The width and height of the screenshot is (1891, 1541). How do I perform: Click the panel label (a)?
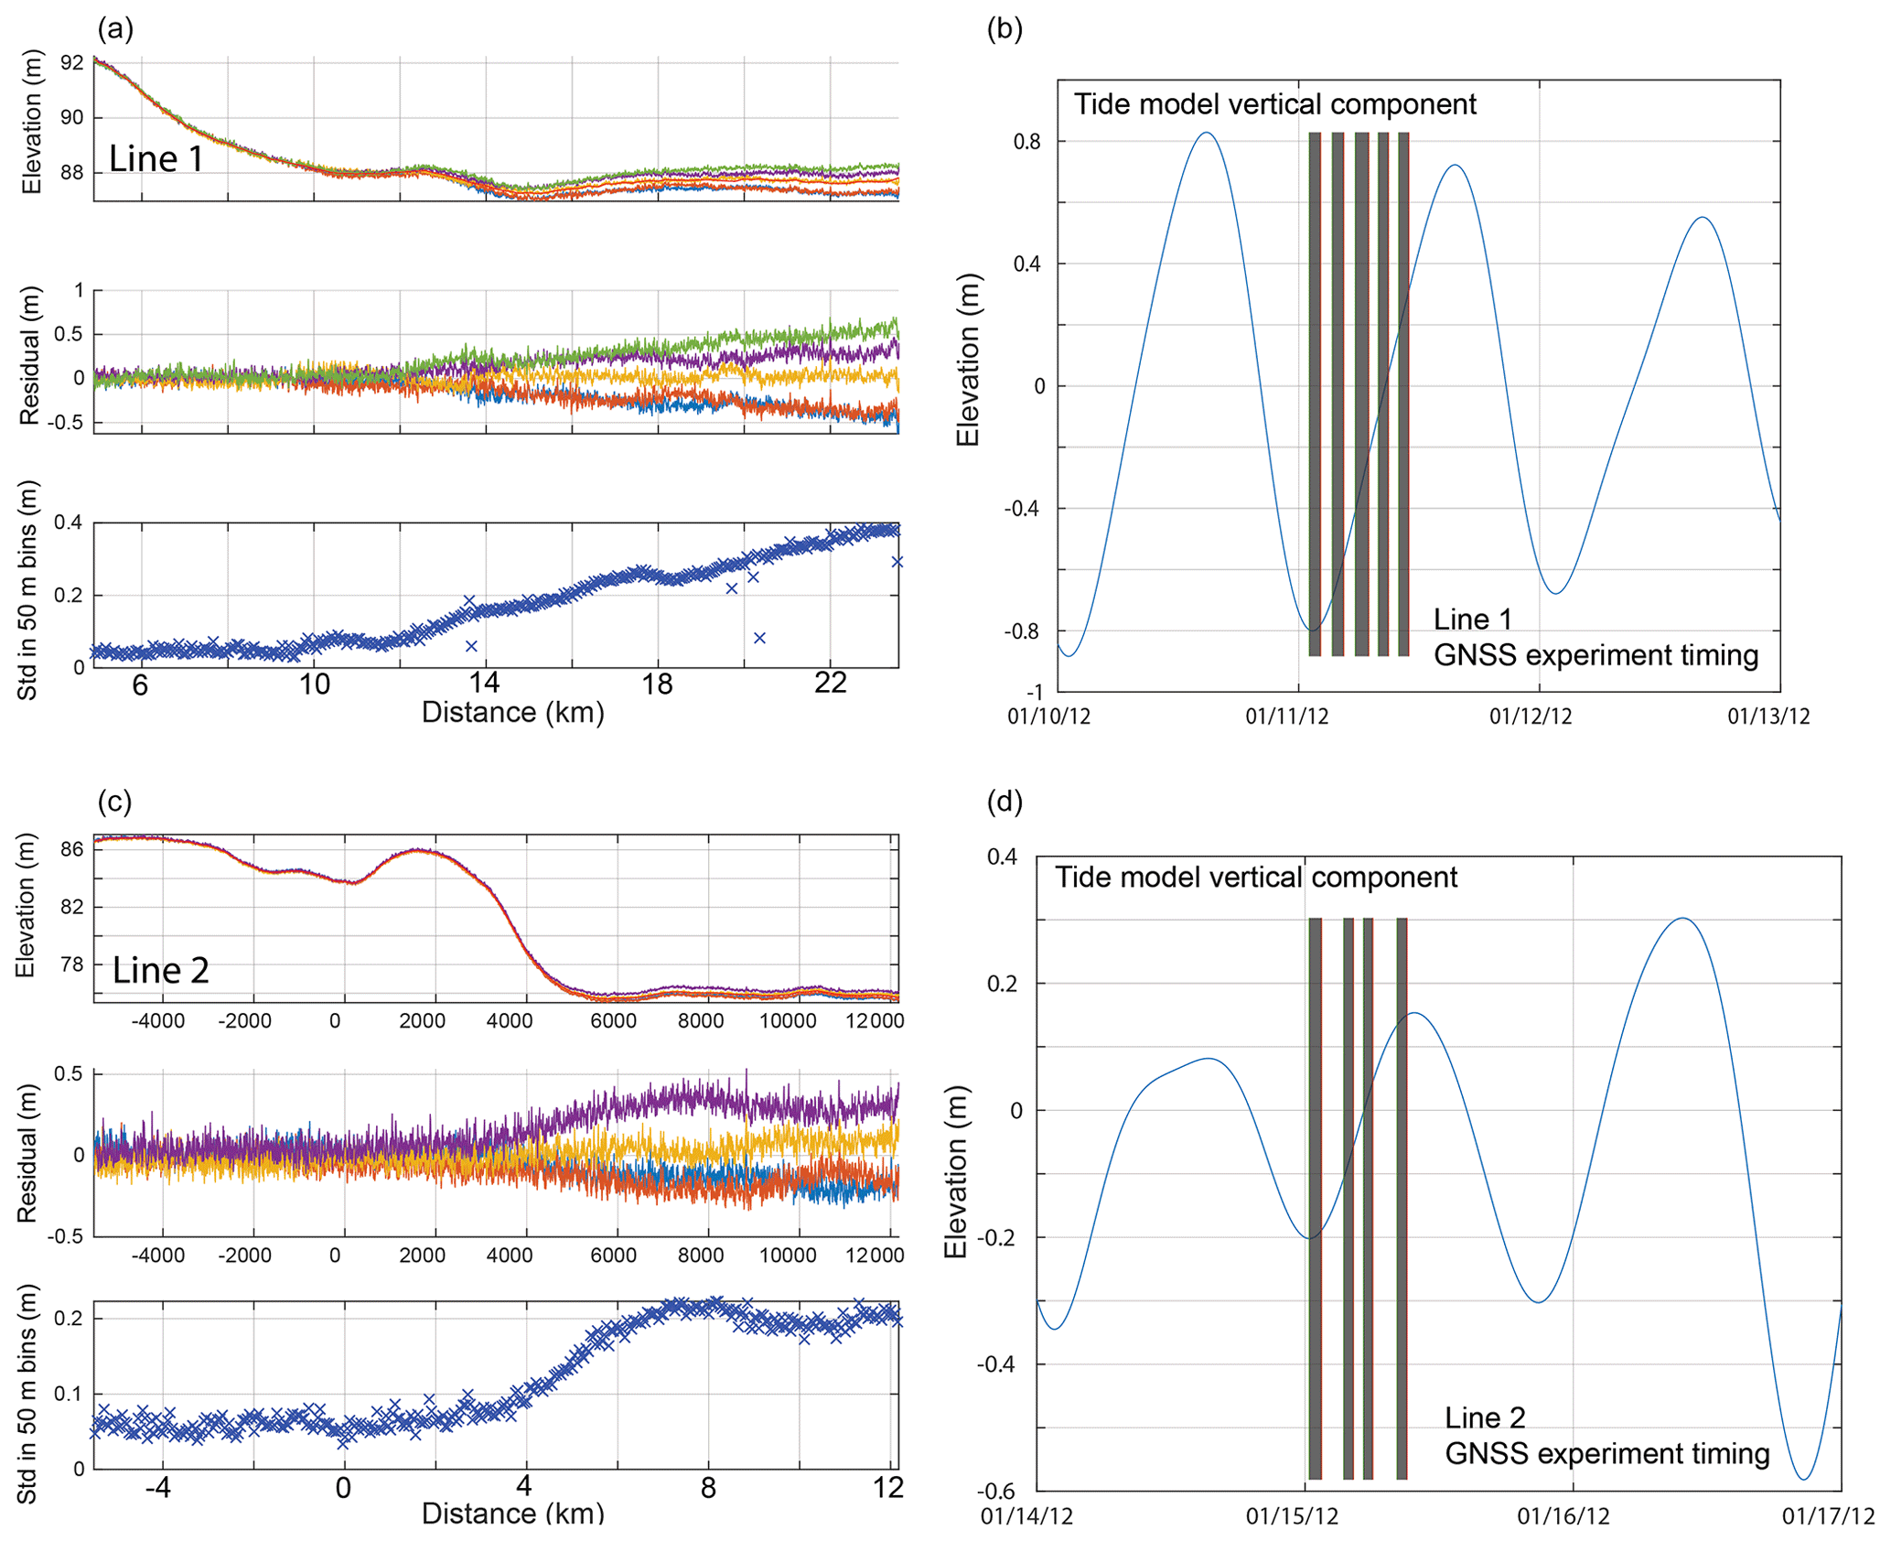(115, 29)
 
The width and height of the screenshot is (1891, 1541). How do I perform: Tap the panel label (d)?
(1005, 802)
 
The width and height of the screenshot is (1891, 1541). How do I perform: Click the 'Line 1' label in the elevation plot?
(156, 159)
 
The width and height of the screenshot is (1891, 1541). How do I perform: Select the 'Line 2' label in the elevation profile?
(161, 970)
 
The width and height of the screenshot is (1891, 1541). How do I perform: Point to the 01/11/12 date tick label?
(1286, 717)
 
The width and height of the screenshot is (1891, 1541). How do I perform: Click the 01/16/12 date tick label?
(1563, 1516)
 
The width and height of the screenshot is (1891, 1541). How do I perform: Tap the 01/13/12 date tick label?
(1768, 717)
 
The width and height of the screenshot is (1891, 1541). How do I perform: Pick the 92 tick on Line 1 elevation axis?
(71, 63)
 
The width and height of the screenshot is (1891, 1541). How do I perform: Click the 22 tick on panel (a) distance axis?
(830, 684)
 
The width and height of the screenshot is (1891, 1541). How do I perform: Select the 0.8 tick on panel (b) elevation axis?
(1026, 142)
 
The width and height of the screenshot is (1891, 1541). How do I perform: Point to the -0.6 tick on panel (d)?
(1001, 1491)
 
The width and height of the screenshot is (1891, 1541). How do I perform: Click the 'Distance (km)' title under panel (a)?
(512, 713)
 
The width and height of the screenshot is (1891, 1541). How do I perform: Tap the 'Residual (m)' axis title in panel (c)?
(27, 1153)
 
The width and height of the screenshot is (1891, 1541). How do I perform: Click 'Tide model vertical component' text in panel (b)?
(1274, 104)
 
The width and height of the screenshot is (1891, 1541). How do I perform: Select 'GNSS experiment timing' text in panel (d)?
(1606, 1453)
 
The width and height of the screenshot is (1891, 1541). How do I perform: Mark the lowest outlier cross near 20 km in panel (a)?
(759, 638)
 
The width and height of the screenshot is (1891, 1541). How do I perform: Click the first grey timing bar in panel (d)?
(1315, 1198)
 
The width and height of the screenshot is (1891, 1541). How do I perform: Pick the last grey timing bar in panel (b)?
(1403, 393)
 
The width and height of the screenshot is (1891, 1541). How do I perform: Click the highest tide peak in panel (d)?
(1683, 918)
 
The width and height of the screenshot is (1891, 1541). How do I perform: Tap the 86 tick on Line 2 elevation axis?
(71, 849)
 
